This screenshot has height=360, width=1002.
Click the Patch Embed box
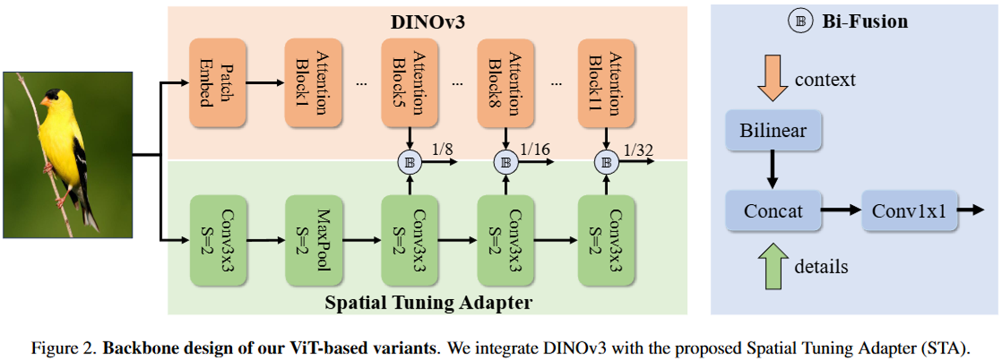pos(218,83)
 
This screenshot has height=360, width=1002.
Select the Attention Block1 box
pos(313,83)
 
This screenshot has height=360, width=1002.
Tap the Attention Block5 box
pos(409,83)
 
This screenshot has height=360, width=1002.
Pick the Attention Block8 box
pos(505,83)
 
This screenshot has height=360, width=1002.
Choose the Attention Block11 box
pos(606,83)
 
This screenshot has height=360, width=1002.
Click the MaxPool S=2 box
pos(313,240)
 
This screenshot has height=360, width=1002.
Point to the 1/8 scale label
pos(442,149)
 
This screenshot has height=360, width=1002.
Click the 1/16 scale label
pos(535,149)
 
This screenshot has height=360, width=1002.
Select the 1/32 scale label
pos(638,150)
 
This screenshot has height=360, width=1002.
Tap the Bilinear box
pos(773,130)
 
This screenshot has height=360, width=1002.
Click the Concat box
pos(773,211)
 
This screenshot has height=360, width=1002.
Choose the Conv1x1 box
pos(909,211)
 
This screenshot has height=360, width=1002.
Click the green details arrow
pos(773,266)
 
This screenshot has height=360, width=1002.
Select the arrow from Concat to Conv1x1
pos(841,209)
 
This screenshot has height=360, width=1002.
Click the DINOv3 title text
pos(427,22)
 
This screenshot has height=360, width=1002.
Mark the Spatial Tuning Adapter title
pos(428,302)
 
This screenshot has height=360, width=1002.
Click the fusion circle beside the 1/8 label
pos(409,162)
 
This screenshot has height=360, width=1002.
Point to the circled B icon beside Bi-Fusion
pos(800,21)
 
